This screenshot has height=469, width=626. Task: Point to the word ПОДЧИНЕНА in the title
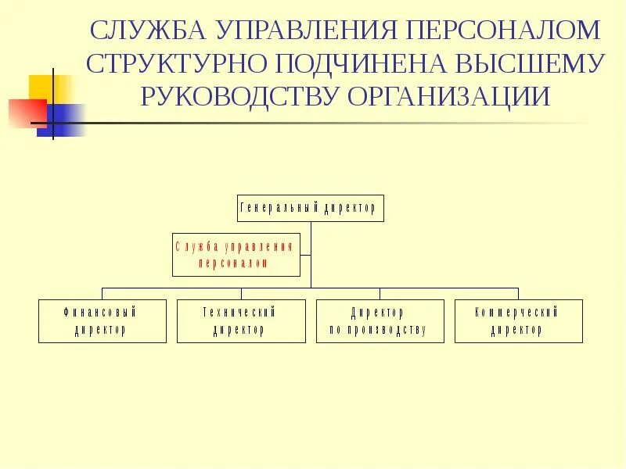click(351, 64)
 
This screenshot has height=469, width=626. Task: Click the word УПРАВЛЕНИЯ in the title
click(308, 31)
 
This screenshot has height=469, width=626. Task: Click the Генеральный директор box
click(311, 209)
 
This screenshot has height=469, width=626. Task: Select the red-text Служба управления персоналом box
click(236, 255)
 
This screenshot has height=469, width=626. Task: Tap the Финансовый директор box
click(103, 321)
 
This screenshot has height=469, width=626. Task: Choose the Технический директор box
click(240, 321)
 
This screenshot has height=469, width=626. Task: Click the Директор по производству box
click(380, 321)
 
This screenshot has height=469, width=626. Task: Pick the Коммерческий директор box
click(518, 321)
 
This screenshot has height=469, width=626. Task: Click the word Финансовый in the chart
click(101, 313)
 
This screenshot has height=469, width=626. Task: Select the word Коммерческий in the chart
click(517, 313)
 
